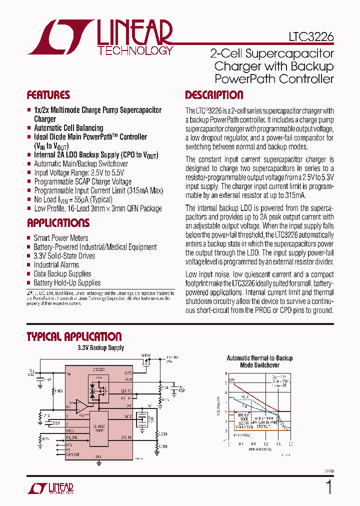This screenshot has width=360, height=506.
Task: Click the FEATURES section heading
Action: pos(48,95)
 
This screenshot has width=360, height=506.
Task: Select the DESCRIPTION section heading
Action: pos(214,95)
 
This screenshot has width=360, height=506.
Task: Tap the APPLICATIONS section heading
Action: pos(58,223)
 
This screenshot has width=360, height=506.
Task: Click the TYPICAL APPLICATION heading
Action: pos(74,336)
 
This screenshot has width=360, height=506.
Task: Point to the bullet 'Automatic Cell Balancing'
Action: pos(68,128)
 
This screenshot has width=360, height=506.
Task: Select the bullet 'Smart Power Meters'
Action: pos(60,238)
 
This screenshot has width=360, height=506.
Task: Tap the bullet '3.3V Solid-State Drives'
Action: pos(64,256)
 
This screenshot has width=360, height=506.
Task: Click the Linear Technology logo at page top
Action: pos(100,37)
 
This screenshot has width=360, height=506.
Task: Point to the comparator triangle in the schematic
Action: pos(80,406)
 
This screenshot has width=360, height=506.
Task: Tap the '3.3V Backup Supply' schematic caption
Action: pos(100,348)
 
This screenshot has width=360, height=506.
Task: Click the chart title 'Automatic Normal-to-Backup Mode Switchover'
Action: pos(259,361)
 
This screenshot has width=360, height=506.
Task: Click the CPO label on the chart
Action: pos(232,381)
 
